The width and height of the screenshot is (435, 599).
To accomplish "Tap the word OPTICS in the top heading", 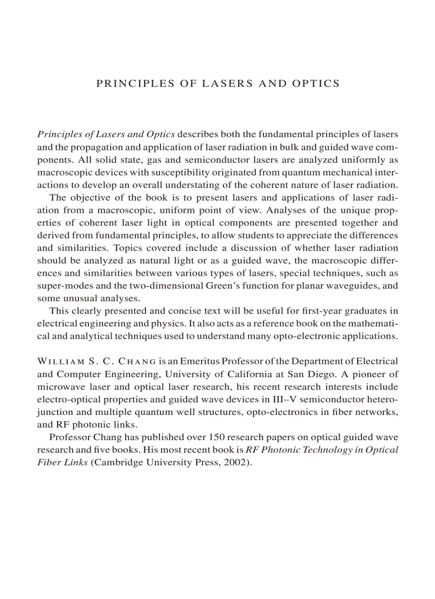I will (315, 83).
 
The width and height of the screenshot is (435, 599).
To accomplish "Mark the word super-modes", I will (63, 285).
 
